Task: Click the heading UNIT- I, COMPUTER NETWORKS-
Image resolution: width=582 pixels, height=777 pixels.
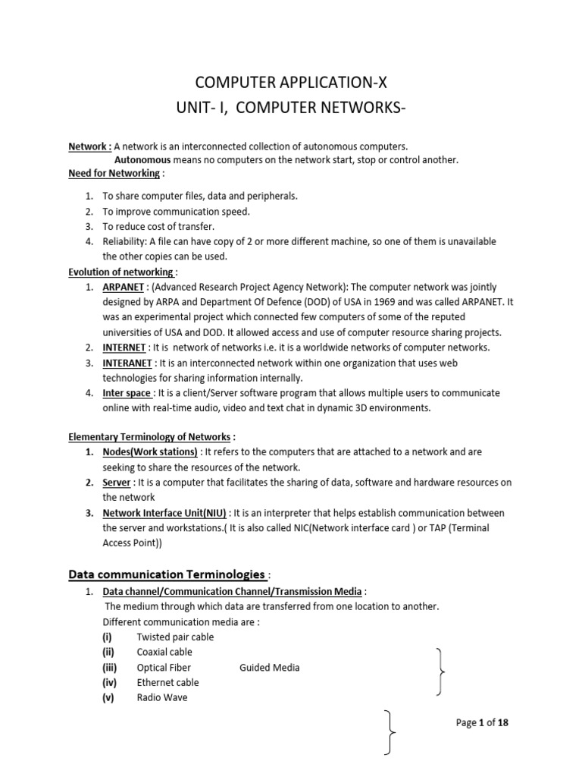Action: tap(291, 112)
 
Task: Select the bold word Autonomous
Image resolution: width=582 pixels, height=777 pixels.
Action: tap(142, 159)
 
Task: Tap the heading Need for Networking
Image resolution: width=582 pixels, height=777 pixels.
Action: tap(114, 173)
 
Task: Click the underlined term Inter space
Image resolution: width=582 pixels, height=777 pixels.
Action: tap(127, 393)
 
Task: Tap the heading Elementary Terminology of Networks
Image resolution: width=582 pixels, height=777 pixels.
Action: tap(149, 436)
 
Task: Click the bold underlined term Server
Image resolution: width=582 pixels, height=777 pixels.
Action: tap(117, 483)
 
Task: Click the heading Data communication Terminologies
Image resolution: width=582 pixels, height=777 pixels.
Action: tap(167, 574)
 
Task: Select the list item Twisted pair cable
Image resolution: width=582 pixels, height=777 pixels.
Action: tap(175, 637)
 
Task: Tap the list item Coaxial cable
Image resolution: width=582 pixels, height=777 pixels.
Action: tap(164, 652)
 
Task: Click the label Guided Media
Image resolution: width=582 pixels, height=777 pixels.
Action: tap(269, 668)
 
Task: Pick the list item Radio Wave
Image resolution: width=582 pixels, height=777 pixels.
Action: tap(161, 697)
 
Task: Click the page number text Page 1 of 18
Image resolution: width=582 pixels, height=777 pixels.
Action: tap(482, 722)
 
